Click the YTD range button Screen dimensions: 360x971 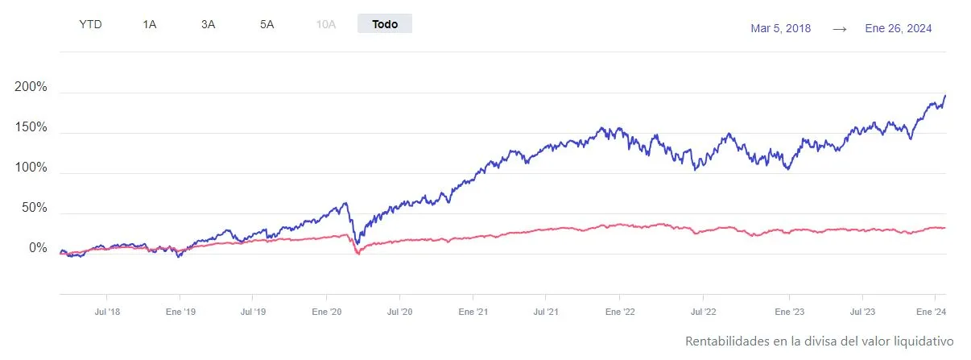tap(91, 24)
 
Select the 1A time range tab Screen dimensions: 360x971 tap(150, 24)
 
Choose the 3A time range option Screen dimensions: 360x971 tap(209, 24)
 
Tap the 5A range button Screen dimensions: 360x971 tap(267, 24)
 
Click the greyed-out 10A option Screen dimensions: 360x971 tap(326, 24)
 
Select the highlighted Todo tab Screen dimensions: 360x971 tap(385, 24)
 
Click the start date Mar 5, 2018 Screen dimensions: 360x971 tap(780, 28)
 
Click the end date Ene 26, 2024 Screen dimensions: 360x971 tap(899, 28)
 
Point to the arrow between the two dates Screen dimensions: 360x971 tap(840, 28)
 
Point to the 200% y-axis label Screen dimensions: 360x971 tap(31, 88)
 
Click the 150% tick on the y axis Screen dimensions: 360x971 tap(31, 128)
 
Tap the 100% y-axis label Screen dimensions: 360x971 tap(31, 168)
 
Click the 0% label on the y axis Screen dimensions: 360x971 tap(38, 248)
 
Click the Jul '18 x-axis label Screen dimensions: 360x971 tap(107, 310)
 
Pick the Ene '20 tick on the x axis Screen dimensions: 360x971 tap(327, 310)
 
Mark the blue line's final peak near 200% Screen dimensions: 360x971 tap(944, 96)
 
